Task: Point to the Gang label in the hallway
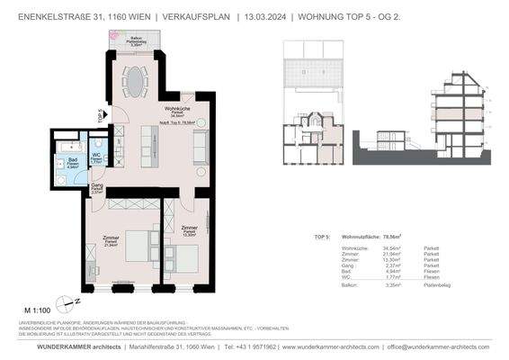[96, 187]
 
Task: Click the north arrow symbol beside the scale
[63, 304]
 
